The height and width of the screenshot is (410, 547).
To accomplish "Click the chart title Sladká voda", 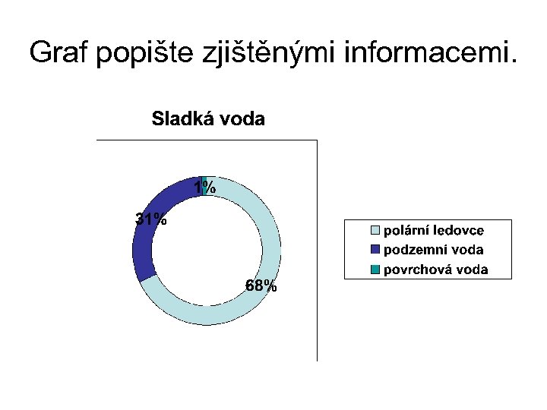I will click(208, 119).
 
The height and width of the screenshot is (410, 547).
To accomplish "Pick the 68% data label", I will click(261, 286).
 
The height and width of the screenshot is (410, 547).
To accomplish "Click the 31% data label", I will click(151, 219).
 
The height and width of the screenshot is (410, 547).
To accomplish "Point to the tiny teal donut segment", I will click(204, 181).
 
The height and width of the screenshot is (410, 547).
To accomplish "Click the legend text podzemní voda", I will click(434, 249).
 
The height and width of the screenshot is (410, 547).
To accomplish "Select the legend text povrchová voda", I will click(436, 269).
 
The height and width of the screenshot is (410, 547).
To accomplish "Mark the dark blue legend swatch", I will click(375, 249).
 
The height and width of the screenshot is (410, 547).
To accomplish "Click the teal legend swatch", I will click(375, 269).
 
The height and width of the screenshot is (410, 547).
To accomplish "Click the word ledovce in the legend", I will click(458, 230).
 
